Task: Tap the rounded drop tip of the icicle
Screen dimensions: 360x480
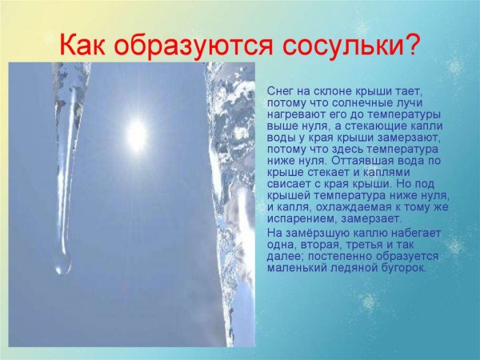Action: tap(62, 263)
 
